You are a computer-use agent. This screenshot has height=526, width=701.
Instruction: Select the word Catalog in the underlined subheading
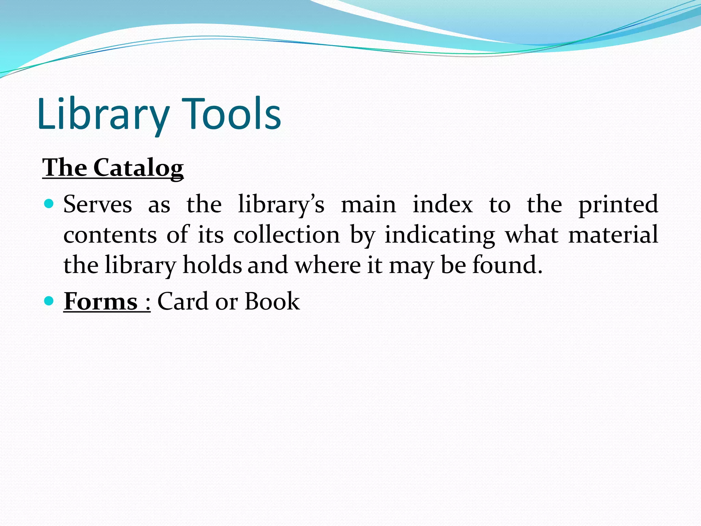[x=138, y=168]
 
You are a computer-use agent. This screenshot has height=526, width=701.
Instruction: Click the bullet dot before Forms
[x=49, y=301]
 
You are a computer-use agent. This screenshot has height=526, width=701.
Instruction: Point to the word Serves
[x=98, y=204]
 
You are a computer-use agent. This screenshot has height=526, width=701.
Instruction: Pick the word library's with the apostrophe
[x=281, y=204]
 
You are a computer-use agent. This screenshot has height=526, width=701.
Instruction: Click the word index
[x=443, y=204]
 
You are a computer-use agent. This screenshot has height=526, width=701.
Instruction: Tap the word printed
[x=618, y=204]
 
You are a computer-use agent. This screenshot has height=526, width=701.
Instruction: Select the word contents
[x=110, y=235]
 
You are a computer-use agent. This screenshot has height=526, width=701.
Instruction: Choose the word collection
[x=286, y=235]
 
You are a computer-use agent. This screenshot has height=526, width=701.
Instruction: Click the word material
[x=613, y=235]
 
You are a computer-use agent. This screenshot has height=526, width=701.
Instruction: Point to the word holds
[x=212, y=265]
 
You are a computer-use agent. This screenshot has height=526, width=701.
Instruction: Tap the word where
[x=328, y=265]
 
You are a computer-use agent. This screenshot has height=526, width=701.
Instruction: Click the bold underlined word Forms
[x=101, y=302]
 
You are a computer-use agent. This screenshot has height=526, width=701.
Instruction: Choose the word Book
[x=272, y=301]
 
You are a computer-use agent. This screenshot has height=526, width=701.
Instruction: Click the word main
[x=369, y=204]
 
